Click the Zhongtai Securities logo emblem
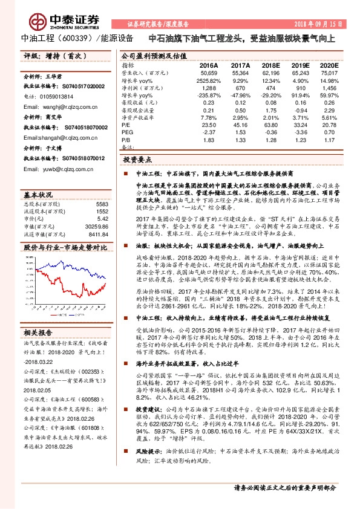39,20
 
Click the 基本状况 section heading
38,195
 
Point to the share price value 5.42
102,218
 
